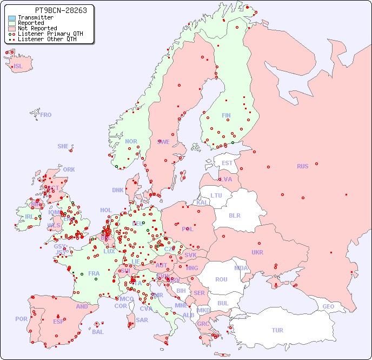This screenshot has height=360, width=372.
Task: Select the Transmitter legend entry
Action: click(x=35, y=17)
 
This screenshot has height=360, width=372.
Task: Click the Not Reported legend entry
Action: click(x=37, y=28)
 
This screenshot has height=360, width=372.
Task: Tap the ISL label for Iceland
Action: click(x=18, y=67)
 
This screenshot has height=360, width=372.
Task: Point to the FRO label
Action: click(x=46, y=115)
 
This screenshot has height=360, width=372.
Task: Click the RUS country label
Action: click(x=302, y=166)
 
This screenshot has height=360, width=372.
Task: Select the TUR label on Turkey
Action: click(x=277, y=330)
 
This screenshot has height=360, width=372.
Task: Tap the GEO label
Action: click(x=328, y=306)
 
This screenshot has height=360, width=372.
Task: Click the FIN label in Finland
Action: click(x=226, y=115)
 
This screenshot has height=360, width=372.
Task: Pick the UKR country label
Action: click(x=257, y=252)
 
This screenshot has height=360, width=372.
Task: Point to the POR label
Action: click(x=21, y=319)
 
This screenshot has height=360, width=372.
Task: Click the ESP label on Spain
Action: click(x=58, y=322)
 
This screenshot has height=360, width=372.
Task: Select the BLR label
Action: click(x=235, y=215)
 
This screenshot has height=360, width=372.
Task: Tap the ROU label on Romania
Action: click(x=221, y=279)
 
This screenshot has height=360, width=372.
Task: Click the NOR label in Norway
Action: click(x=131, y=141)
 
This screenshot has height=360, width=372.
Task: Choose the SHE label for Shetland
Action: click(x=63, y=146)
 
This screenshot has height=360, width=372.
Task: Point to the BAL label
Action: click(x=98, y=332)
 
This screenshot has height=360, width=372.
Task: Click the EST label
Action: click(x=227, y=163)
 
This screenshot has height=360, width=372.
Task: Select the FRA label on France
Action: click(x=94, y=273)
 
